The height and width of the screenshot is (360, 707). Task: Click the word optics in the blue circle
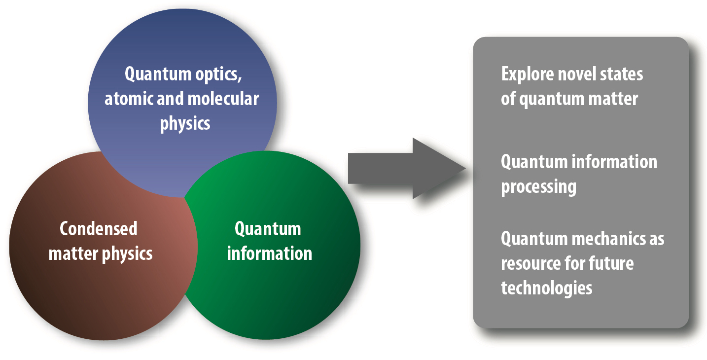218,75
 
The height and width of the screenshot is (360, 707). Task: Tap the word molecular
223,98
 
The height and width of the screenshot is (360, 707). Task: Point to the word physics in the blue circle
185,124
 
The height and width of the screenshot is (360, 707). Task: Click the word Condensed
99,229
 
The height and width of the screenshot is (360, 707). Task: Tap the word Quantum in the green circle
268,229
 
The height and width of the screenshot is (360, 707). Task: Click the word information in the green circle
270,253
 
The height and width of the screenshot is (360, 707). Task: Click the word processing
539,187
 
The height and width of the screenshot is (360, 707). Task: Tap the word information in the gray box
614,162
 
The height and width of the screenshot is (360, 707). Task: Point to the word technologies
547,288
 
